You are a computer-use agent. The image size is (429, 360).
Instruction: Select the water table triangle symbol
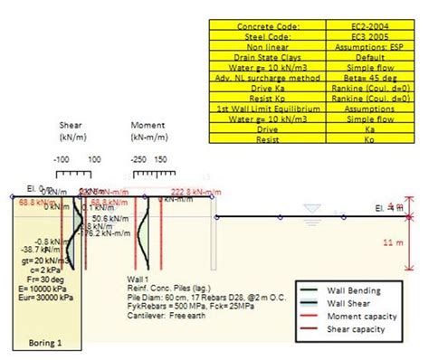312,211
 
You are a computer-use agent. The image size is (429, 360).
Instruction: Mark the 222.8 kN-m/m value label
194,192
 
